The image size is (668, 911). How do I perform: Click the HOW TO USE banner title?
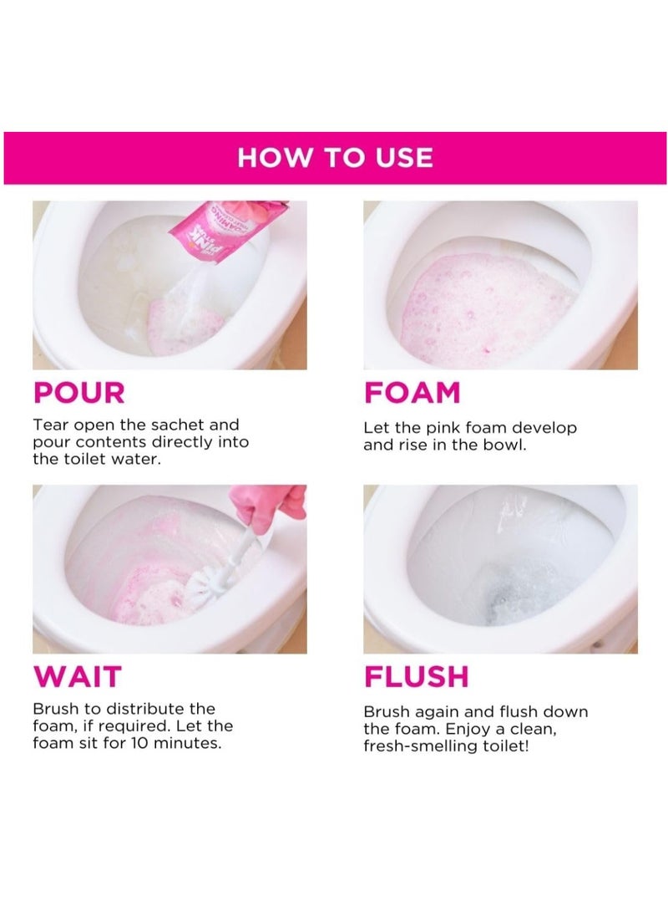pos(335,157)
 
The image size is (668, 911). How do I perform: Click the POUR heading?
pos(79,392)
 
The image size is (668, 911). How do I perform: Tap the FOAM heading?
pos(412,392)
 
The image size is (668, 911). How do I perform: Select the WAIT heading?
pos(77,676)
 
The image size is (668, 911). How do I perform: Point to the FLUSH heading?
pos(416,676)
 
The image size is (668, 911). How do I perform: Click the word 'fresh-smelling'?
pos(417,746)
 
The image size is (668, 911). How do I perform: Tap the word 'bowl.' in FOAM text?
pos(506,445)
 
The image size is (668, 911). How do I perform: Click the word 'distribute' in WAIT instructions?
pos(139,709)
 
